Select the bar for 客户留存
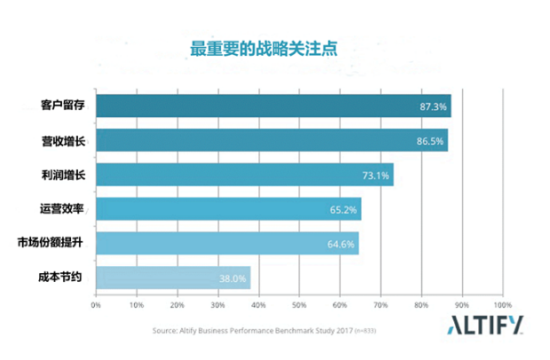click(273, 106)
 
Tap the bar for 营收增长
click(271, 141)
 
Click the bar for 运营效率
click(228, 210)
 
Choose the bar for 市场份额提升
click(227, 244)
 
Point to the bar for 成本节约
click(173, 278)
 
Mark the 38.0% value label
click(232, 278)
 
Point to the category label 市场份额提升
click(51, 244)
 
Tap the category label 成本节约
click(62, 278)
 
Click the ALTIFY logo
click(486, 323)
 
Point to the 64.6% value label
click(342, 244)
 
